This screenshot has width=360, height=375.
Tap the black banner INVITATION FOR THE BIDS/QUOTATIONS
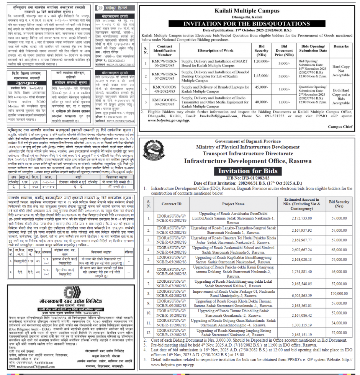[247, 23]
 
